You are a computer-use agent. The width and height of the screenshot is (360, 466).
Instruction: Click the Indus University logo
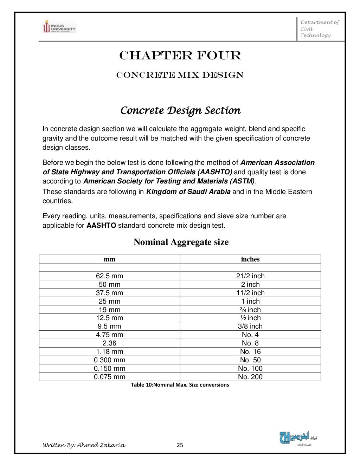59,26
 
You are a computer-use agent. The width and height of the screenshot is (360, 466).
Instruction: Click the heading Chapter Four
180,56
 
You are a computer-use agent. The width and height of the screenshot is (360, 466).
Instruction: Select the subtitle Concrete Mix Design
180,75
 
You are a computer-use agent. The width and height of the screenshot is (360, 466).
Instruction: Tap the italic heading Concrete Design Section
180,111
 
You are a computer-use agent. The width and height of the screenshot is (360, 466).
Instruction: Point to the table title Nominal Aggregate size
181,242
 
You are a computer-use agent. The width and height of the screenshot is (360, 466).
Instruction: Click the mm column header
109,259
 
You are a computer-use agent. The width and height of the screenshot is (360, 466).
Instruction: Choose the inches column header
250,259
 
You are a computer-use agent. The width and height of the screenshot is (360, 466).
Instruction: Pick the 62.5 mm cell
109,276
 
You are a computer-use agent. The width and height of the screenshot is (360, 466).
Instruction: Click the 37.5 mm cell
109,293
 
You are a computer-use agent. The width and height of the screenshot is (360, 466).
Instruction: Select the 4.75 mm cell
109,335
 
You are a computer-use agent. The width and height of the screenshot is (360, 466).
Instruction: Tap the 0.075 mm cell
109,377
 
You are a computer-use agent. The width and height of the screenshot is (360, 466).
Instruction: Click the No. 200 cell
250,377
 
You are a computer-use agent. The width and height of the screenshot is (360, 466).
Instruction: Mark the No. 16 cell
250,352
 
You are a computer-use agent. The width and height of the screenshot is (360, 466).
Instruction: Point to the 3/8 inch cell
250,326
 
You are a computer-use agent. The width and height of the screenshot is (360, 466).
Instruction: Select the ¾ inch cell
250,310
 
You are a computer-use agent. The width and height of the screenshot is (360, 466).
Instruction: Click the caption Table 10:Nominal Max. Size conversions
180,385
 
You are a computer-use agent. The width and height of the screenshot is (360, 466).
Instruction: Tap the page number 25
180,446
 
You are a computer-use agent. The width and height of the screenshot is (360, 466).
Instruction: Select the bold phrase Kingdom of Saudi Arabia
188,192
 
